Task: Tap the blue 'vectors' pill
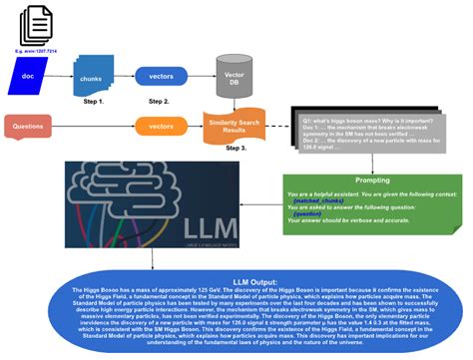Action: pos(162,75)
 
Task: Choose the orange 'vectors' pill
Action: pos(162,127)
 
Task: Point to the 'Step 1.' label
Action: pos(94,101)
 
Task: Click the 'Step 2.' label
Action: pos(162,100)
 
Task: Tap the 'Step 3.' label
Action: pos(236,148)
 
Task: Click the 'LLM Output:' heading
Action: pos(235,282)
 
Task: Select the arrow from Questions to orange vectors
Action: pos(100,127)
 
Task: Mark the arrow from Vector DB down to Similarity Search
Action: pos(236,101)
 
